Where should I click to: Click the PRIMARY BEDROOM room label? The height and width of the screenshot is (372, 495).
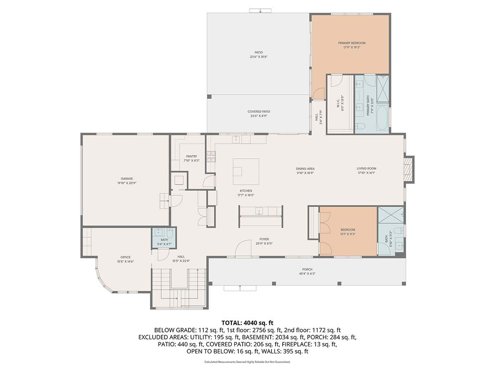tap(351, 43)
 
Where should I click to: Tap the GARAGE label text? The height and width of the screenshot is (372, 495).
tap(127, 179)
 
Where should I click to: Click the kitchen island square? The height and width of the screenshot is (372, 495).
tap(246, 172)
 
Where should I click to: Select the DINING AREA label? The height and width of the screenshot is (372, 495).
tap(305, 169)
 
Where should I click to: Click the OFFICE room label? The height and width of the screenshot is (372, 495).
tap(125, 257)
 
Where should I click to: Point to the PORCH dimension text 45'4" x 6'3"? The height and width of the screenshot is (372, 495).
tap(307, 274)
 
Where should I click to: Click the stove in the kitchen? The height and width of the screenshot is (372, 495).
tap(211, 156)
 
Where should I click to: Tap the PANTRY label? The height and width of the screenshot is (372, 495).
tap(191, 156)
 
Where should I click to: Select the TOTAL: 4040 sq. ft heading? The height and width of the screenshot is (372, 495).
tap(247, 322)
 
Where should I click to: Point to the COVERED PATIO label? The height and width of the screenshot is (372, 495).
tap(259, 112)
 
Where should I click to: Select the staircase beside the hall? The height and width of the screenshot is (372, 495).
tap(178, 285)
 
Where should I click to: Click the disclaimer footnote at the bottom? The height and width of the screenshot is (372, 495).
tap(247, 362)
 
